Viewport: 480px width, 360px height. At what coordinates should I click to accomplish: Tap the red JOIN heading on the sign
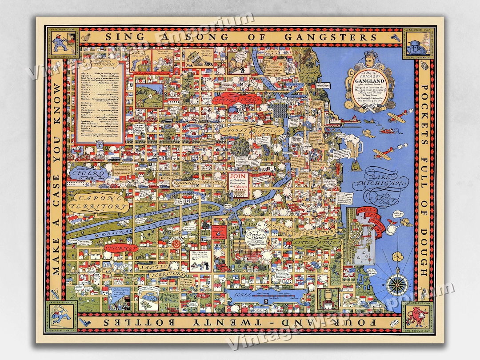pos(235,177)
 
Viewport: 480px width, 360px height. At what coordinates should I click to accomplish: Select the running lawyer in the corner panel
pos(61,319)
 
